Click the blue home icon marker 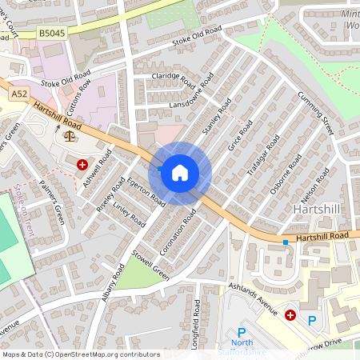point(180,172)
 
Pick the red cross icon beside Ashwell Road point(82,165)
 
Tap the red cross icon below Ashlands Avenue point(290,315)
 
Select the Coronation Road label point(178,234)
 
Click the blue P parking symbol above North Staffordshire point(241,333)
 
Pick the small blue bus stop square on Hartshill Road point(285,242)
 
